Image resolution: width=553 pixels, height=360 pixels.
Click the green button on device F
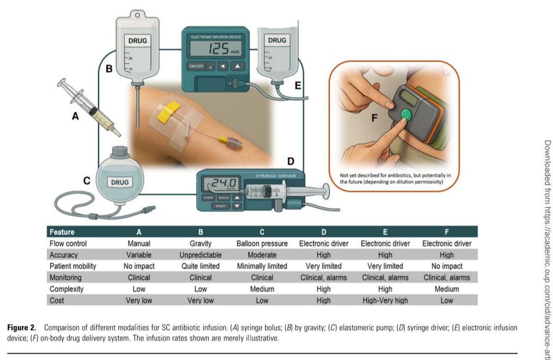click(x=406, y=114)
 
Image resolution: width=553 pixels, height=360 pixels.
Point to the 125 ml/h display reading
click(x=221, y=48)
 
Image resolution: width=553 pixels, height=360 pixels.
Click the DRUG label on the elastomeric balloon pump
click(x=119, y=182)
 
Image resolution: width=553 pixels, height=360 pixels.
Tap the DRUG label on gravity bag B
click(x=137, y=41)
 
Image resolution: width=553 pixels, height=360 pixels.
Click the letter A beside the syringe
click(x=75, y=117)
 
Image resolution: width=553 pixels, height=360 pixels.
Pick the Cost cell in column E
click(x=385, y=301)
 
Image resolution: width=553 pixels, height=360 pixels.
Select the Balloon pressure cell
click(x=262, y=243)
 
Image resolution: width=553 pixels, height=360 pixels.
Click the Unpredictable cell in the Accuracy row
click(x=200, y=255)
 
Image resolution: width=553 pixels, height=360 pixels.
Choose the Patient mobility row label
click(x=73, y=266)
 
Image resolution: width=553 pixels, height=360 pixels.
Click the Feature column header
click(x=62, y=232)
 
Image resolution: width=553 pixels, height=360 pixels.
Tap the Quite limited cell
click(x=200, y=266)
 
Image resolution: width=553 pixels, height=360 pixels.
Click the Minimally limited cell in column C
click(x=262, y=266)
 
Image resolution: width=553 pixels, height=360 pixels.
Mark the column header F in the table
click(x=447, y=232)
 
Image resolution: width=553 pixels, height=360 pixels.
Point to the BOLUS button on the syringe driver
click(x=224, y=197)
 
